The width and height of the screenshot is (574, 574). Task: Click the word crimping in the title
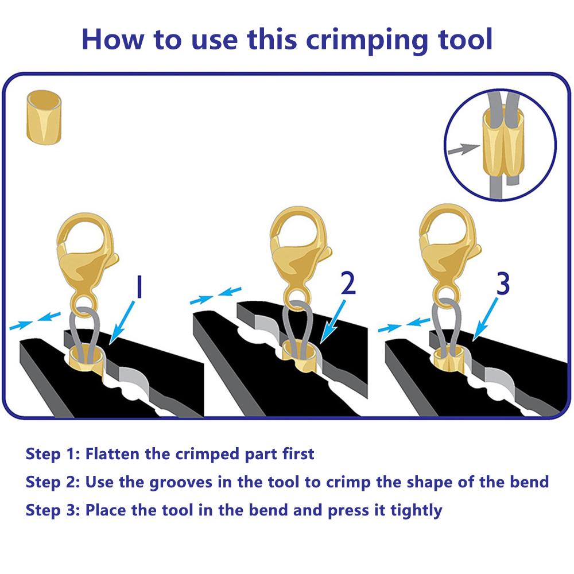[367, 40]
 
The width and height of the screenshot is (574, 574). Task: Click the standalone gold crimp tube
[44, 117]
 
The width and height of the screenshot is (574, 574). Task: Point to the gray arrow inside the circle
[464, 149]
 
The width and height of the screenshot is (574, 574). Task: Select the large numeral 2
[348, 282]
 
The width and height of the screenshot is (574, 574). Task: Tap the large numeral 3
[503, 284]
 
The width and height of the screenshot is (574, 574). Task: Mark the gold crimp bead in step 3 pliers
[449, 360]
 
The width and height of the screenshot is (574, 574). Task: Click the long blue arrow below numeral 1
[122, 322]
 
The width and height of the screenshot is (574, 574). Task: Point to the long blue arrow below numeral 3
[485, 319]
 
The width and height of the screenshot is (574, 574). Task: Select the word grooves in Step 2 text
[181, 483]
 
